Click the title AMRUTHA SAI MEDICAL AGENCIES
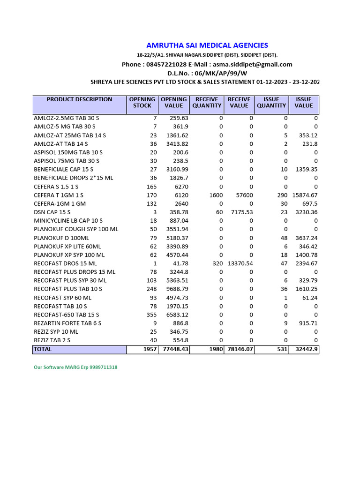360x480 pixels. pyautogui.click(x=207, y=45)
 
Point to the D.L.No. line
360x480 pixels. pyautogui.click(x=207, y=73)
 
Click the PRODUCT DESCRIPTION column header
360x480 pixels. pyautogui.click(x=79, y=99)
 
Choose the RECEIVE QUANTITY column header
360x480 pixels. pyautogui.click(x=207, y=103)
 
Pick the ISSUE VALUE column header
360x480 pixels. pyautogui.click(x=303, y=103)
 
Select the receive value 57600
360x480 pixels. pyautogui.click(x=243, y=195)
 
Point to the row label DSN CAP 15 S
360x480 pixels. pyautogui.click(x=52, y=212)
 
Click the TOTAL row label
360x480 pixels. pyautogui.click(x=43, y=350)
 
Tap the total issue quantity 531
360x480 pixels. pyautogui.click(x=282, y=350)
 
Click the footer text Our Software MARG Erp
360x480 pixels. pyautogui.click(x=75, y=367)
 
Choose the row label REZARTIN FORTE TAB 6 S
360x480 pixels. pyautogui.click(x=67, y=323)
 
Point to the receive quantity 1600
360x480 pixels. pyautogui.click(x=216, y=195)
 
